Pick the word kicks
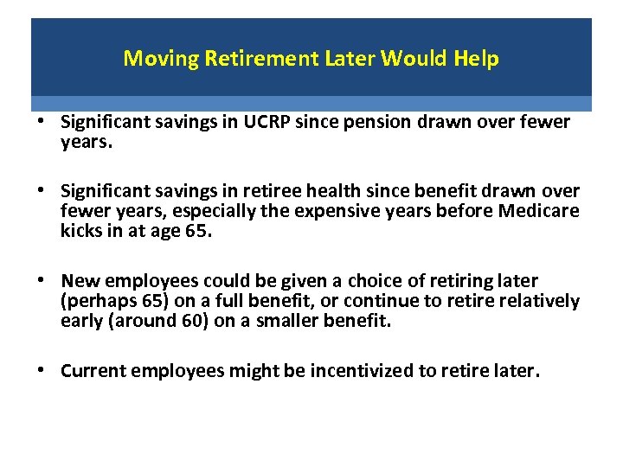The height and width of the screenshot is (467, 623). click(x=80, y=232)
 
